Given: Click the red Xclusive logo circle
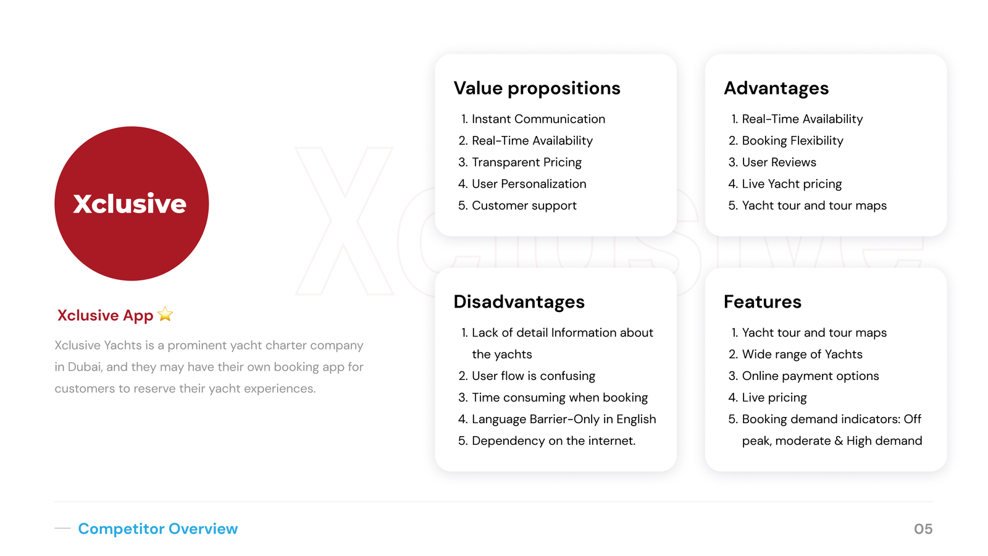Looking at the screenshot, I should [x=132, y=203].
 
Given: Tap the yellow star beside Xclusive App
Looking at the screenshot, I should [x=165, y=314].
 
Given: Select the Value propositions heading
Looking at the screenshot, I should [x=537, y=88].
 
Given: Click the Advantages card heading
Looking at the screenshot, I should [x=776, y=88].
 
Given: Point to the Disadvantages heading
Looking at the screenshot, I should [x=519, y=301].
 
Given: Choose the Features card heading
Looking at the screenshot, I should [x=762, y=301].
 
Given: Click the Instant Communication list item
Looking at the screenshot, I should [x=538, y=119].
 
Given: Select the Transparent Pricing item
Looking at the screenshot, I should [x=526, y=162].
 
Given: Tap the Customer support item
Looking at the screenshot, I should [x=524, y=206].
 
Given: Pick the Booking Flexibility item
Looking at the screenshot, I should [x=792, y=141].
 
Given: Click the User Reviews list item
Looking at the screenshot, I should [x=779, y=162].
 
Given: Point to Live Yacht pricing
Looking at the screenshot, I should [x=792, y=184].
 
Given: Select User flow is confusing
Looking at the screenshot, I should [x=533, y=376].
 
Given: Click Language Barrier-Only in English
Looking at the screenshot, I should [x=563, y=419].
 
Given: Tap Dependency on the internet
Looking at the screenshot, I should [x=553, y=441].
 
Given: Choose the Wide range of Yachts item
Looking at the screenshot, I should [x=802, y=355].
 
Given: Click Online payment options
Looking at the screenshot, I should [x=810, y=376].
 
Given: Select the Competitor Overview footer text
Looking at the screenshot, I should [x=157, y=529].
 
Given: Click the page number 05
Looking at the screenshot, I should [x=923, y=529].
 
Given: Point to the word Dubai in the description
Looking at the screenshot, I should [x=84, y=367].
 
